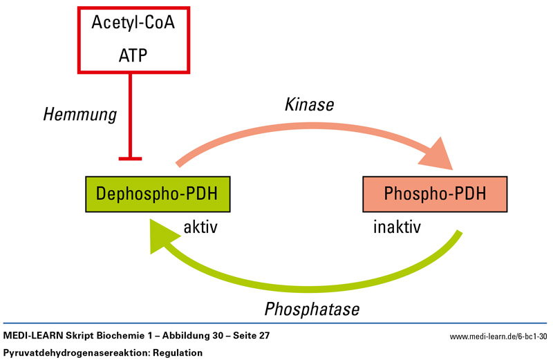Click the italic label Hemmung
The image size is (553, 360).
[78, 115]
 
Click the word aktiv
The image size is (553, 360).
[200, 227]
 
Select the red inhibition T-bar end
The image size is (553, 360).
[130, 159]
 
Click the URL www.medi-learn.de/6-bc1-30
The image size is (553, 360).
[498, 337]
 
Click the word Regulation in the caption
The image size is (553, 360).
[174, 352]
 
